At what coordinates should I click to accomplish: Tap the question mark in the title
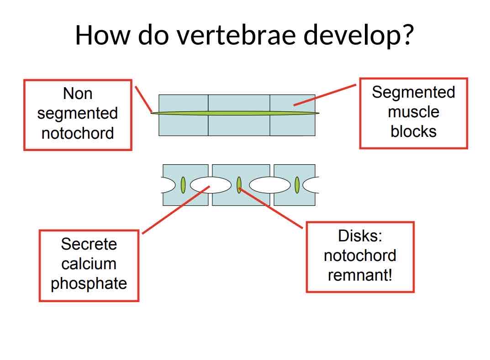408,35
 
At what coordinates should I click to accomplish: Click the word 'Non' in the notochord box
78,94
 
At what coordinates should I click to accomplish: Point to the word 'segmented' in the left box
78,114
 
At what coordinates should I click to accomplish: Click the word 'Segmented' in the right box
413,92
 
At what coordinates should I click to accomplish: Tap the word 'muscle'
413,112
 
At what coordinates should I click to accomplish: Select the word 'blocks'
413,131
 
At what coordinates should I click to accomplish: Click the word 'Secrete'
89,244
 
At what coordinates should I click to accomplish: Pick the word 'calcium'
89,264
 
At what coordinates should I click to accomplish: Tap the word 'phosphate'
89,284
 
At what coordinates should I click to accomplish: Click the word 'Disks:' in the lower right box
359,236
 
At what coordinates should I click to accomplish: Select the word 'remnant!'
359,276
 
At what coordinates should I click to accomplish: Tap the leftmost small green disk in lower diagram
183,185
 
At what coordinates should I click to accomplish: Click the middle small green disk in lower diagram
239,184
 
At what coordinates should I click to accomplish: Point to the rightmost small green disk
297,185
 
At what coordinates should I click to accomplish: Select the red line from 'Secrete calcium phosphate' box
176,209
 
